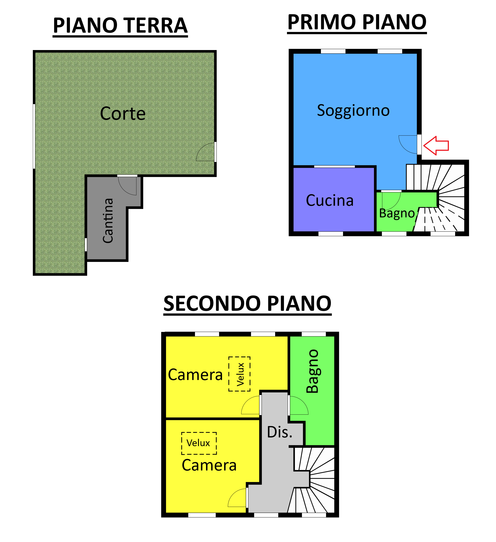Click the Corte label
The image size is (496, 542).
pyautogui.click(x=123, y=113)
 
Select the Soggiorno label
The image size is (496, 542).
pyautogui.click(x=353, y=111)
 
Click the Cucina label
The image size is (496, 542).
pyautogui.click(x=330, y=201)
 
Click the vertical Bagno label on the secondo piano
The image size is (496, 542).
pyautogui.click(x=312, y=371)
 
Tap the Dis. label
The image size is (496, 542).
pyautogui.click(x=279, y=432)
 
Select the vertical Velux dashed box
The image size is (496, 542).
pyautogui.click(x=239, y=374)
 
